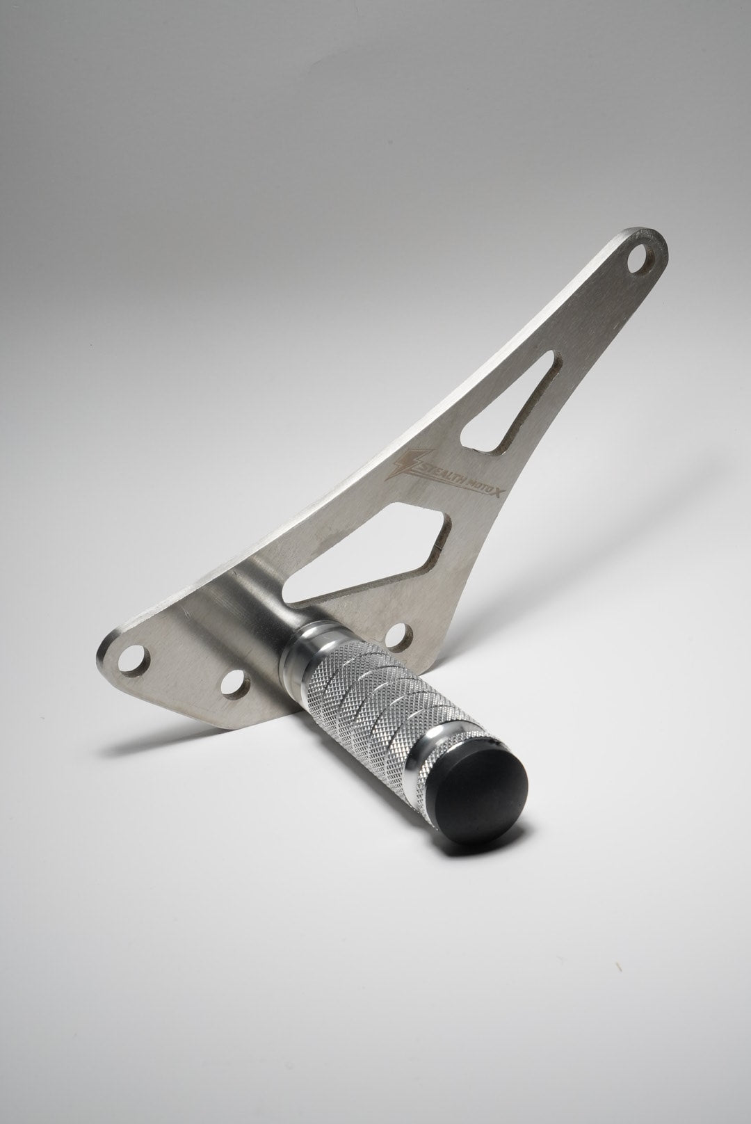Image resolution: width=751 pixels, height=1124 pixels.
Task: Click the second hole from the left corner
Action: point(235,684)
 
